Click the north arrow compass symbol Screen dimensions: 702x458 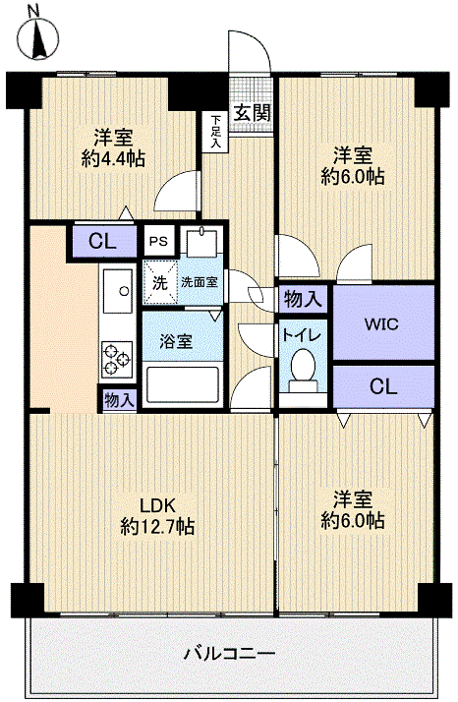[x=38, y=35]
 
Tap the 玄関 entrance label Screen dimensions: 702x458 [x=253, y=111]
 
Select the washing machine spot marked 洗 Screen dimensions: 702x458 [x=158, y=281]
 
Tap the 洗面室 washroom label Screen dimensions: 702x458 [x=200, y=282]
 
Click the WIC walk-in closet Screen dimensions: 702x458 [x=381, y=323]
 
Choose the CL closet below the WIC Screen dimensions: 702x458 [x=382, y=386]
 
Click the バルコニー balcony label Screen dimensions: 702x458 [x=229, y=653]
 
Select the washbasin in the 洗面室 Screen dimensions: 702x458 [x=204, y=245]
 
